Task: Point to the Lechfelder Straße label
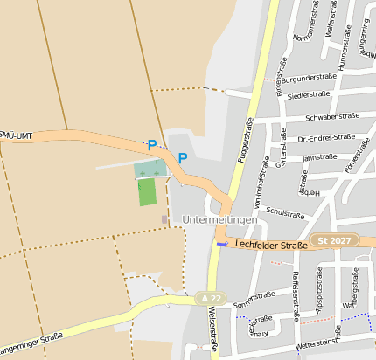tap(272, 246)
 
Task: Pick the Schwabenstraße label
tap(331, 117)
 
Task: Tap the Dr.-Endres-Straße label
tap(326, 137)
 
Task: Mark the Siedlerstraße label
tap(308, 95)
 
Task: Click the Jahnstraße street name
tap(319, 157)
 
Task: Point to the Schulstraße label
tap(284, 213)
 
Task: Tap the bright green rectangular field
tap(147, 191)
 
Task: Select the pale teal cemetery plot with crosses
tap(150, 169)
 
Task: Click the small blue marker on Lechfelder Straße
tap(220, 244)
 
